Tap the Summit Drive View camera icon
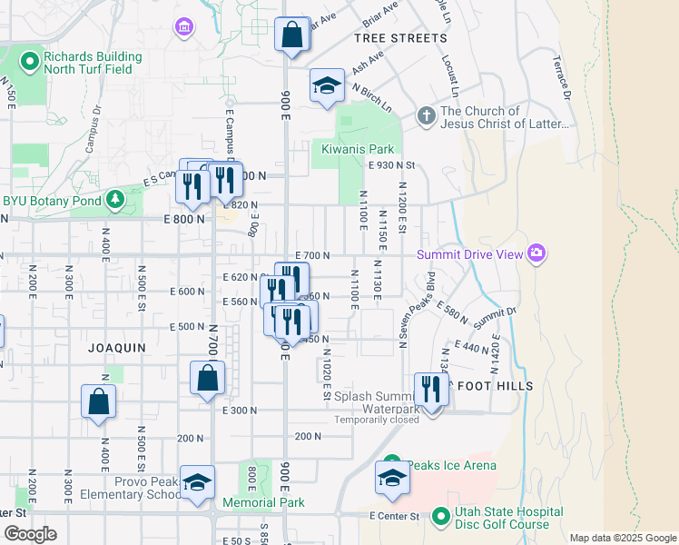[536, 253]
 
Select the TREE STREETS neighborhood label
[400, 38]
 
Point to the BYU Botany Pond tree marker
[114, 198]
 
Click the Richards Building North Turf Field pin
[29, 62]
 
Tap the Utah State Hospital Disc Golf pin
[441, 518]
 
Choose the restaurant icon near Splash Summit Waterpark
[431, 390]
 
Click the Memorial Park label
[263, 502]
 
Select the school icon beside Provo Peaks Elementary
[197, 483]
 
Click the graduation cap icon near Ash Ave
[327, 85]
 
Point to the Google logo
[31, 534]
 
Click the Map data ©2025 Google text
[622, 538]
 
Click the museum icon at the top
[185, 27]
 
